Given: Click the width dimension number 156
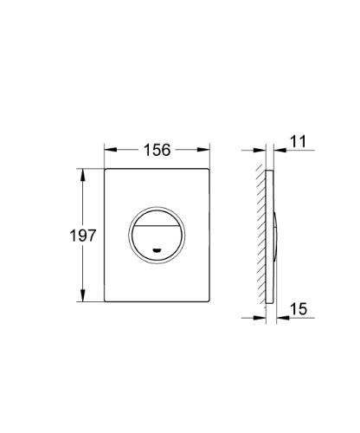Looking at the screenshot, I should (x=157, y=150).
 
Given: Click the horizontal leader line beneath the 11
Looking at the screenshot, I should (x=294, y=150).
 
